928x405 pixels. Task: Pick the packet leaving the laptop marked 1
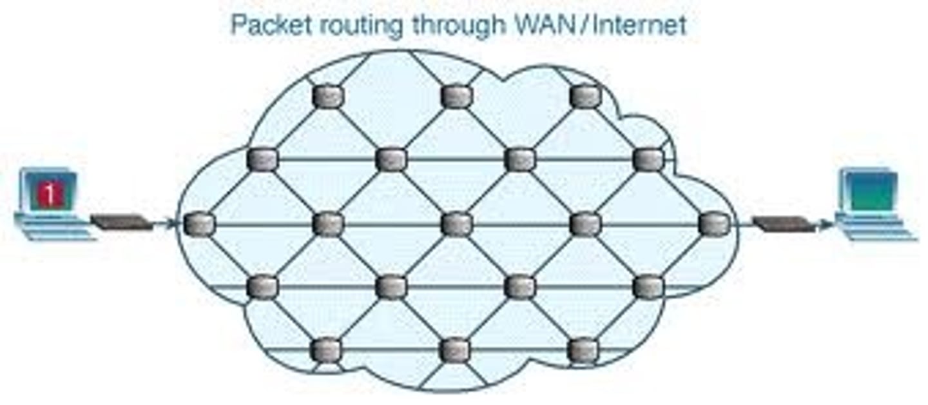point(122,222)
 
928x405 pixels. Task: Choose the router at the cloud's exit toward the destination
point(714,224)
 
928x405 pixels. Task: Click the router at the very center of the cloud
point(457,224)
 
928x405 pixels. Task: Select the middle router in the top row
point(457,97)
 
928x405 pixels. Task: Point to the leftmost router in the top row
point(328,97)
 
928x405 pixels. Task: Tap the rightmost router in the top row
point(585,97)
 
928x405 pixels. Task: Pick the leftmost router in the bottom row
point(326,350)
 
